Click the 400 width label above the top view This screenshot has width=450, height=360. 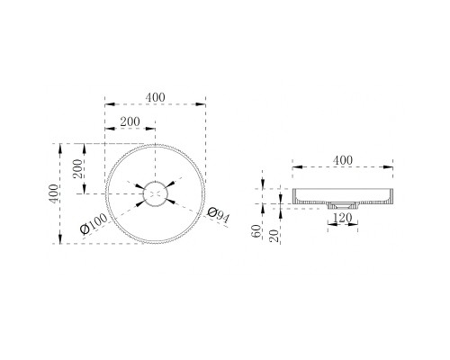pos(156,97)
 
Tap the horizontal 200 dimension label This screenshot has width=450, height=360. pos(130,121)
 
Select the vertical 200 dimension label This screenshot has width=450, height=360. pos(77,168)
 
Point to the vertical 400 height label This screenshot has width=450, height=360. pos(54,193)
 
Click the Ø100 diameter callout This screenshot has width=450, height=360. pos(94,224)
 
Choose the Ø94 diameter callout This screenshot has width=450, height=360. pos(219,215)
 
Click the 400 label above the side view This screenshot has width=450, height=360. pos(343,160)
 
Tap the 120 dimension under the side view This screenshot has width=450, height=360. pos(343,218)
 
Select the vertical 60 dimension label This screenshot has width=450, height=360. pos(256,231)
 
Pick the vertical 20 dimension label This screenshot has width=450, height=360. pos(274,236)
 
